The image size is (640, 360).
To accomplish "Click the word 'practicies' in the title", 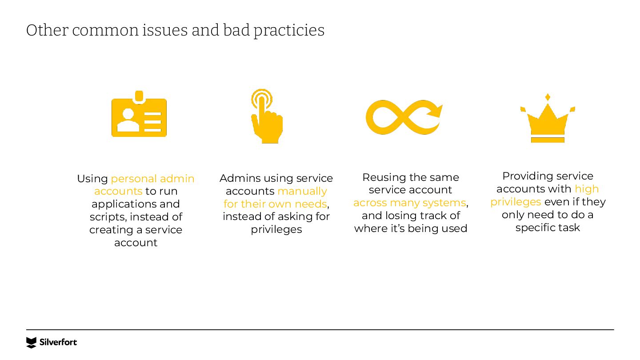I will [289, 30].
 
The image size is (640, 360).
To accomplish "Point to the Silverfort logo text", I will [58, 342].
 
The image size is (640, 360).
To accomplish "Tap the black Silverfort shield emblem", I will [31, 342].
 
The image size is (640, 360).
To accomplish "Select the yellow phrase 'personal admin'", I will [152, 179].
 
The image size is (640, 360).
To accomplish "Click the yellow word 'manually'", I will [302, 191].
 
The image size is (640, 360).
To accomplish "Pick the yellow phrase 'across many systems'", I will [409, 203].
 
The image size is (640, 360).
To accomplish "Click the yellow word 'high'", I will [586, 189].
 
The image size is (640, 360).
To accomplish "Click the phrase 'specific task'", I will [548, 228].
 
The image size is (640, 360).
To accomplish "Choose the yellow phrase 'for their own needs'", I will [275, 204].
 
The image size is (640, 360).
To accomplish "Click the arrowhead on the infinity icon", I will [436, 110].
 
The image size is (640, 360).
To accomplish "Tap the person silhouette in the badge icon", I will [128, 121].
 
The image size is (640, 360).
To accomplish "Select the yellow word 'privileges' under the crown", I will [516, 202].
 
